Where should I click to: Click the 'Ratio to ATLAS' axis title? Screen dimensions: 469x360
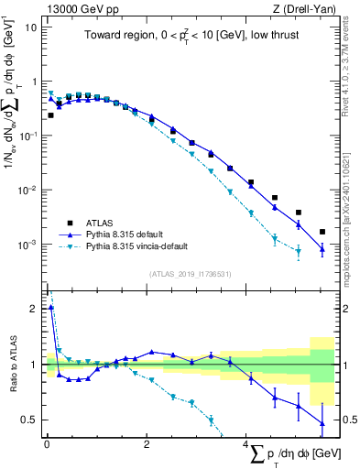12,365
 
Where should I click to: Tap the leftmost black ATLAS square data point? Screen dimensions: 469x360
50,115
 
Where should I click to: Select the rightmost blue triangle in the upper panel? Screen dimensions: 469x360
322,248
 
